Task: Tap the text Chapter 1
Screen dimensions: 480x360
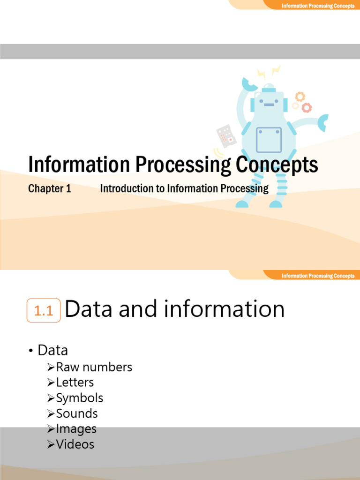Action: [x=49, y=189]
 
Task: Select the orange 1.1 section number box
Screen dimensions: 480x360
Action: [x=44, y=311]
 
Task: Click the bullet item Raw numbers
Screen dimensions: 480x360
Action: [x=94, y=367]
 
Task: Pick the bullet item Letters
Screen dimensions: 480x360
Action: [x=75, y=382]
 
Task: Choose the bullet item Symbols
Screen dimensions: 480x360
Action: [x=79, y=398]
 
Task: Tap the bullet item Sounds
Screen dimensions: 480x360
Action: [x=76, y=413]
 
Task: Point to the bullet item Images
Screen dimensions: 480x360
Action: [x=76, y=429]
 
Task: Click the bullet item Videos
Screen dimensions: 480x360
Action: [x=75, y=444]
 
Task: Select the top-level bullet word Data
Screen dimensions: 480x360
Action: [x=52, y=350]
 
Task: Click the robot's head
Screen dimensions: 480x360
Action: [x=268, y=101]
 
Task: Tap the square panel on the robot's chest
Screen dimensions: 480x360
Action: [x=269, y=140]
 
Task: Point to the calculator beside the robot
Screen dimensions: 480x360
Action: [x=226, y=136]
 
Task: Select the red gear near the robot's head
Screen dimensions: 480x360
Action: [x=307, y=108]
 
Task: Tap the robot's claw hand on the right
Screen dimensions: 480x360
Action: [x=323, y=122]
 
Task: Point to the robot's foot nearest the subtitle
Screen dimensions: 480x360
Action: [x=242, y=204]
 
